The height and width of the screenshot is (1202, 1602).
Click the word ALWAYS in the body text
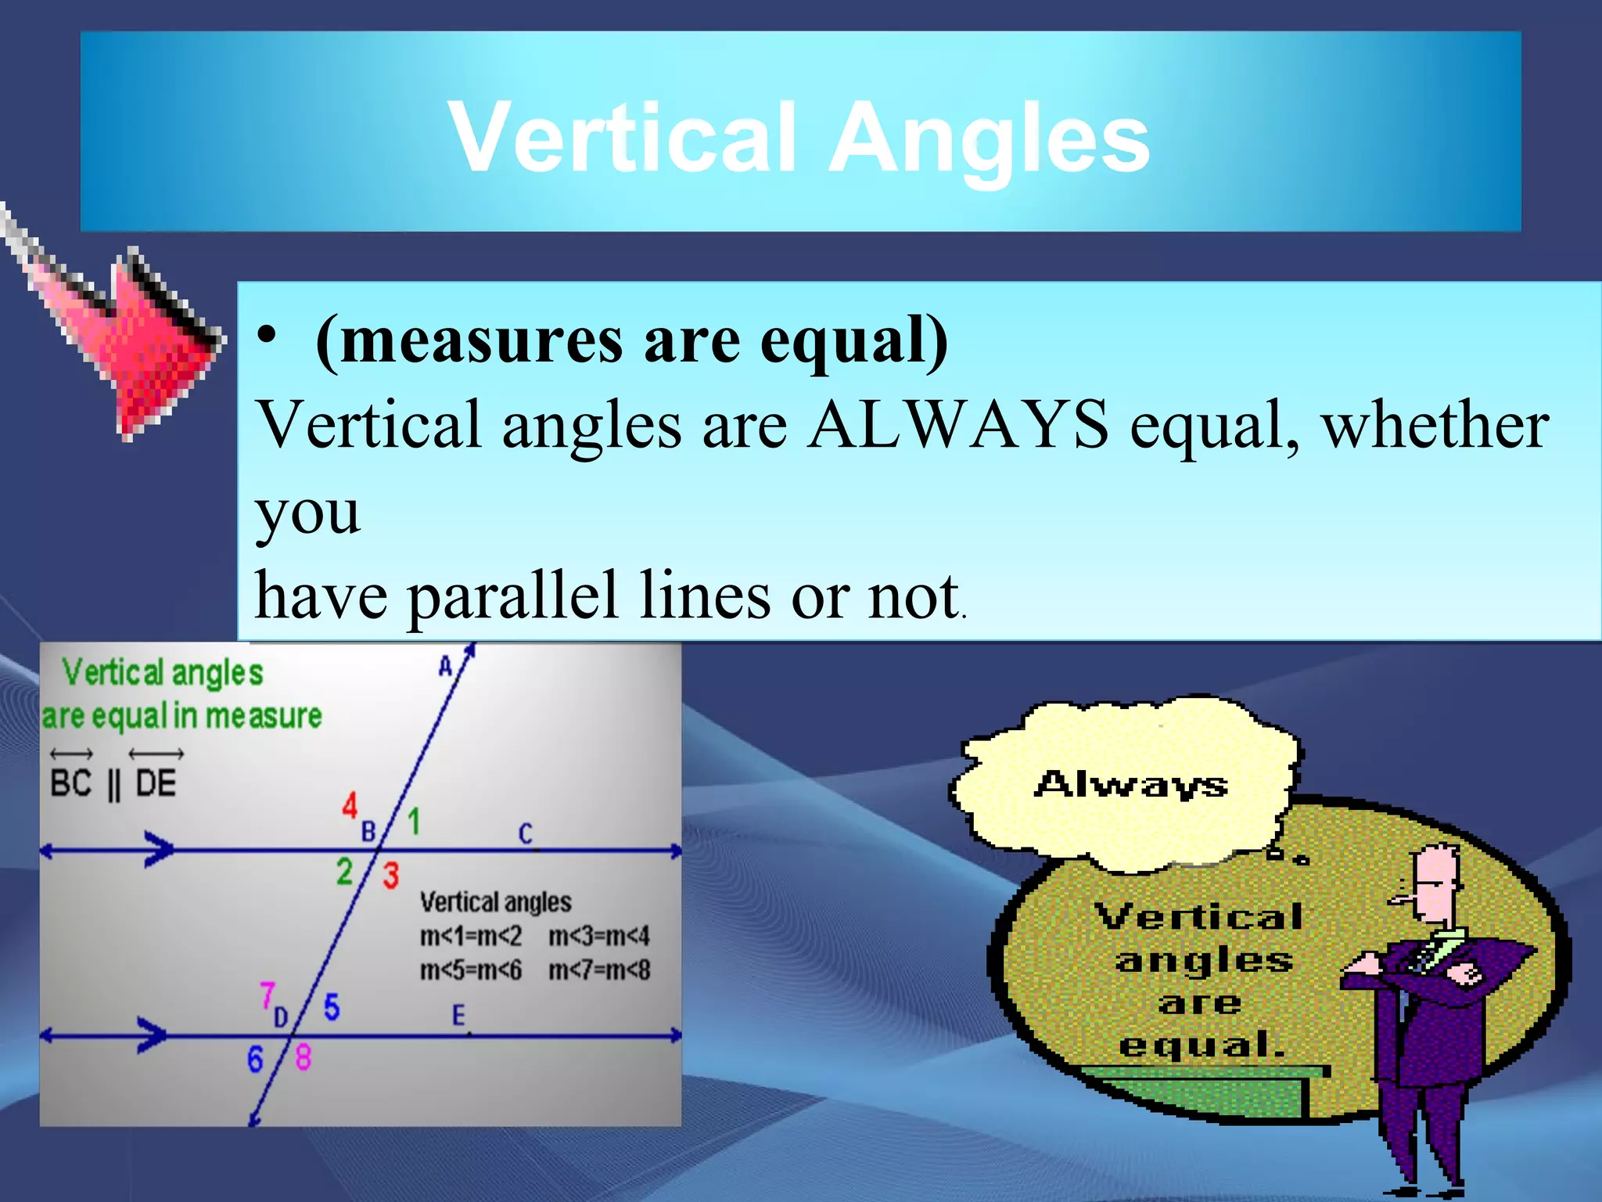pyautogui.click(x=958, y=425)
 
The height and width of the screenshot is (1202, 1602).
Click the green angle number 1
pyautogui.click(x=414, y=822)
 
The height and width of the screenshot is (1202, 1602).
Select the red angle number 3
pyautogui.click(x=390, y=876)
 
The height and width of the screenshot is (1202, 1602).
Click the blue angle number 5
pyautogui.click(x=332, y=1007)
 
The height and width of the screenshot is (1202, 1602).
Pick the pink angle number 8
pyautogui.click(x=304, y=1058)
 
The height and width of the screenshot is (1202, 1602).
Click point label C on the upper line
pyautogui.click(x=526, y=834)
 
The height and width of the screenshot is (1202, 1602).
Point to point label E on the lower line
pyautogui.click(x=458, y=1016)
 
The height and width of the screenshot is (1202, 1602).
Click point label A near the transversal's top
pyautogui.click(x=445, y=667)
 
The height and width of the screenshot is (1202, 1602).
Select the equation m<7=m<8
pyautogui.click(x=599, y=970)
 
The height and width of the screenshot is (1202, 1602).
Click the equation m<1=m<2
pyautogui.click(x=470, y=936)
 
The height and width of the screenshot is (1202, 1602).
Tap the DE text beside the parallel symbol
pyautogui.click(x=156, y=783)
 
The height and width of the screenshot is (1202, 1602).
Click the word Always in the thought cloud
pyautogui.click(x=1130, y=784)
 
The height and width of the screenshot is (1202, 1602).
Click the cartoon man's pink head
pyautogui.click(x=1435, y=884)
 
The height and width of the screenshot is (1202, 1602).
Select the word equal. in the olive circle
pyautogui.click(x=1202, y=1045)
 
